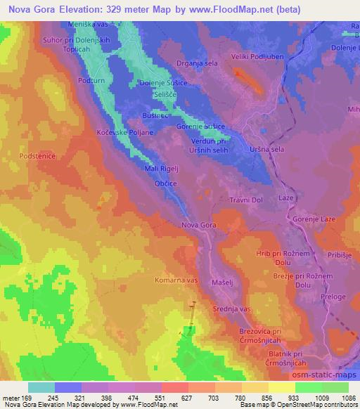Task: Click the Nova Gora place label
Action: [198, 225]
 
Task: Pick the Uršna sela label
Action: [267, 149]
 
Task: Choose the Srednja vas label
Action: [232, 309]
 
